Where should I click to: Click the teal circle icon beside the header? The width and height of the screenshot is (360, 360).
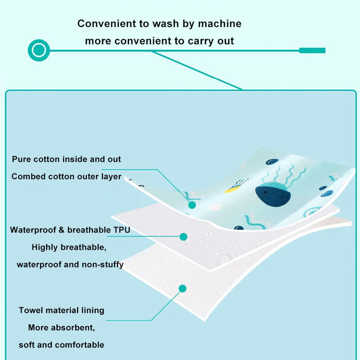(x=39, y=50)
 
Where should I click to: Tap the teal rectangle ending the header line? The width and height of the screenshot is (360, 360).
(x=312, y=50)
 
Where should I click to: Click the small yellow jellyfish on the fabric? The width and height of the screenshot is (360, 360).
(x=233, y=189)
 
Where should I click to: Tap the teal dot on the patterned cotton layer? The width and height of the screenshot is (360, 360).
(x=192, y=205)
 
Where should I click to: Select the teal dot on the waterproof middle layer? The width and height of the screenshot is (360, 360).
(x=184, y=237)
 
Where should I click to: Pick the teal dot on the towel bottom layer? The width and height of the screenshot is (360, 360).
(x=183, y=288)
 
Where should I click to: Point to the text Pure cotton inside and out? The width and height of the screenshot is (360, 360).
(x=67, y=159)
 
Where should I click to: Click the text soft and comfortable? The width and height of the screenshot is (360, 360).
(x=62, y=345)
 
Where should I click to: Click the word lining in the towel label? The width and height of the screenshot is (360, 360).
(x=92, y=310)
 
